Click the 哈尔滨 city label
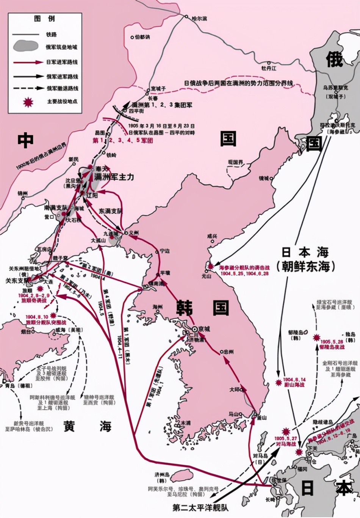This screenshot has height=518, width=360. pos(200,18)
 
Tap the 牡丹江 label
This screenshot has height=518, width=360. pos(269,68)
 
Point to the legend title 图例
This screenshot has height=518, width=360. pos(44,19)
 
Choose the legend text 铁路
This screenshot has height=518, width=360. pos(52,35)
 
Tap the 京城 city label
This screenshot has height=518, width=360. pos(204,329)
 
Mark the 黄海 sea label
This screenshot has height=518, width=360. pos(87,426)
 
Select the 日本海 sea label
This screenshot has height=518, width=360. pos(305,252)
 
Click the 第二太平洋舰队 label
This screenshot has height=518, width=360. pos(201,507)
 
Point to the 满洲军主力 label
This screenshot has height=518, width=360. pos(114,177)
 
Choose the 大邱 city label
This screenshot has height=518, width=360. pos(235,389)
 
